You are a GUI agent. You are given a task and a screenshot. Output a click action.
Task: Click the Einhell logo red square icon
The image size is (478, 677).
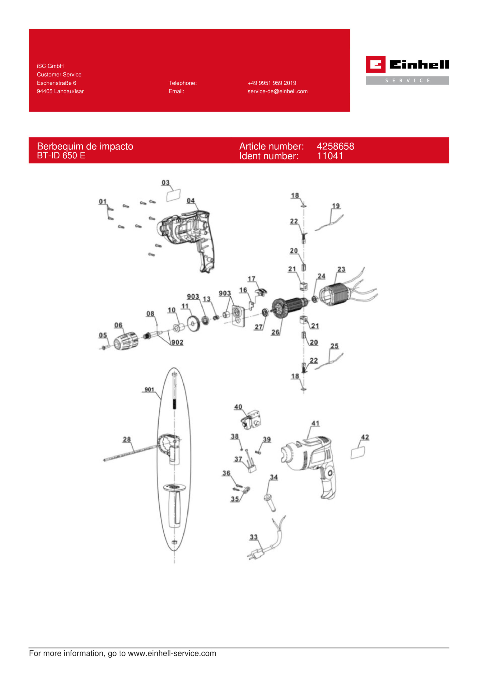[x=375, y=64]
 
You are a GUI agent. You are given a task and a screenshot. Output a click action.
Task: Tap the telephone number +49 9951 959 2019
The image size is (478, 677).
[x=272, y=83]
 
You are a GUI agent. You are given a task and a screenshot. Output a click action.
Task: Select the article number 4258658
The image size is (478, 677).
[x=335, y=146]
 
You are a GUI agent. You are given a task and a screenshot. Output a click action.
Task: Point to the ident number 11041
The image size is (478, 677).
[x=330, y=156]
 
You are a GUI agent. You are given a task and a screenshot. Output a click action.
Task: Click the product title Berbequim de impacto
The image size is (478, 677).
[x=85, y=146]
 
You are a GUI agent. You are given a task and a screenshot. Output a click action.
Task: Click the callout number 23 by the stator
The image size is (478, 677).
[x=341, y=269]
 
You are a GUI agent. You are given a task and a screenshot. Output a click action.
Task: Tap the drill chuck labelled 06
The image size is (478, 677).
[x=126, y=341]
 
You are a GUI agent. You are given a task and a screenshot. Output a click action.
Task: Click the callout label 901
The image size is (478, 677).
[x=149, y=390]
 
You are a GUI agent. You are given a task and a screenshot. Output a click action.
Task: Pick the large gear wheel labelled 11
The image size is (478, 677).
[x=193, y=324]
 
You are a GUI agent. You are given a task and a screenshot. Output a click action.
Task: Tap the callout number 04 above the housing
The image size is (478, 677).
[x=191, y=200]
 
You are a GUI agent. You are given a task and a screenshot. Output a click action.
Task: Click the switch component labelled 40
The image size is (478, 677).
[x=251, y=419]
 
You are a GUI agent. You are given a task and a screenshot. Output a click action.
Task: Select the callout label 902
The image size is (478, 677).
[x=177, y=342]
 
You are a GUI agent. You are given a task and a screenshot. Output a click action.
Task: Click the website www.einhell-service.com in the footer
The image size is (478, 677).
[x=172, y=653]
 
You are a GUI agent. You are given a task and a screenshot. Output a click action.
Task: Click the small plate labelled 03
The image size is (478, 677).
[x=174, y=195]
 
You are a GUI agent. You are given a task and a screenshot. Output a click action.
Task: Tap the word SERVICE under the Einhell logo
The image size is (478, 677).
[x=407, y=80]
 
